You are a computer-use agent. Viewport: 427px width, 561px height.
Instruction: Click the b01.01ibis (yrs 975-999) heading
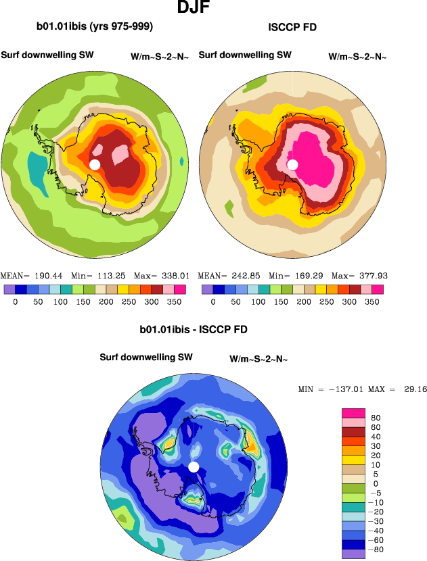[x=95, y=28]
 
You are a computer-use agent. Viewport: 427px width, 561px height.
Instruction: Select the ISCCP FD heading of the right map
[x=292, y=28]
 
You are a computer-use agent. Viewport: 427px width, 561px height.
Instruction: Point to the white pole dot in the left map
[x=95, y=165]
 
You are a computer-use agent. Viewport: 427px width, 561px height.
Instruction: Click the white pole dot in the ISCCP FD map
[x=292, y=165]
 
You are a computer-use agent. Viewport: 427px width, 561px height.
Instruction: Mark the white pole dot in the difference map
[x=194, y=467]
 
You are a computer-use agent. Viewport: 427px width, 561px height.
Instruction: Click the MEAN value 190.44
[x=40, y=276]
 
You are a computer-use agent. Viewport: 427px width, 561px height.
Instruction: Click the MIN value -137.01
[x=342, y=390]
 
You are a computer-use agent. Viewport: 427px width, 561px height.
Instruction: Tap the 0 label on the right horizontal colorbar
[x=213, y=303]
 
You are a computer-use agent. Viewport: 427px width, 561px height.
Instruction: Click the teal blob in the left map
[x=35, y=164]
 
